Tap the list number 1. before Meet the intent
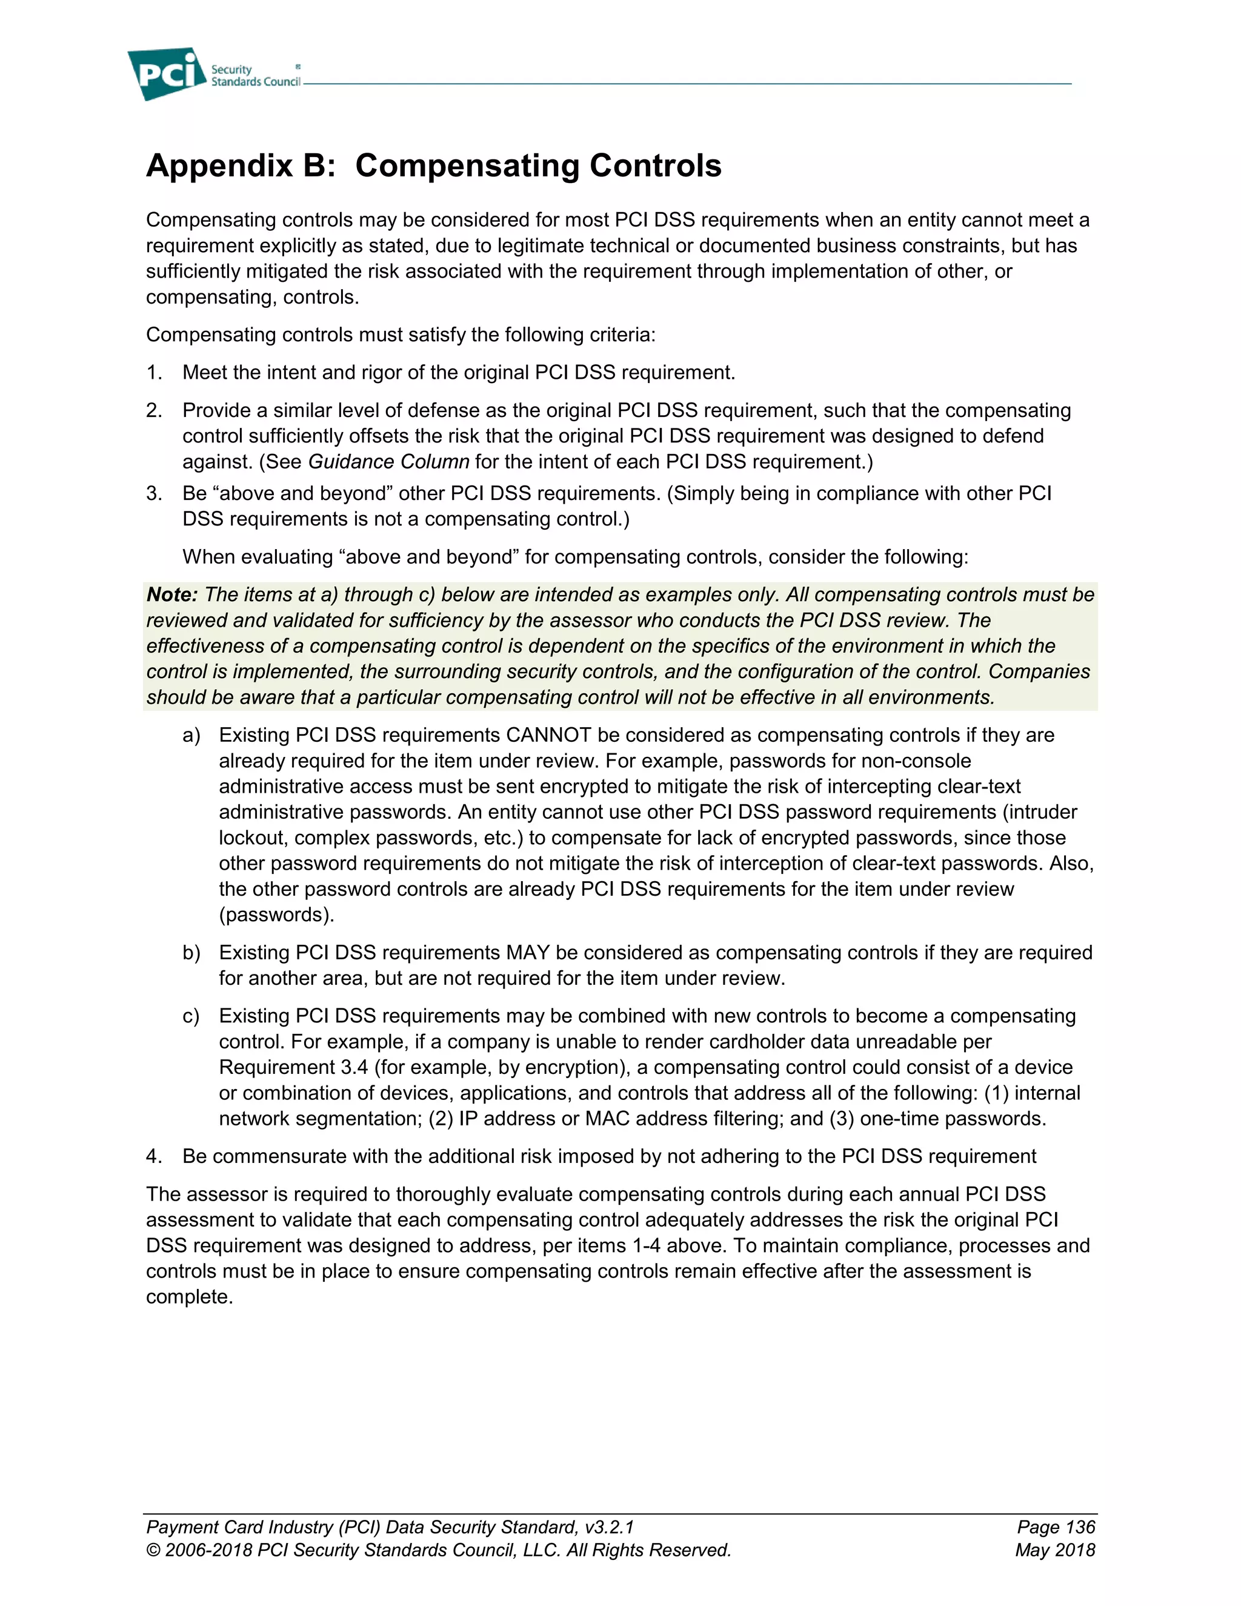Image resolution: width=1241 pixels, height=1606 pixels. point(154,373)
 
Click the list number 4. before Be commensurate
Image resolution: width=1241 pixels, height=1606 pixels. point(154,1157)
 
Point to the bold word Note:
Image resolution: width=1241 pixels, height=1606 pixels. point(172,595)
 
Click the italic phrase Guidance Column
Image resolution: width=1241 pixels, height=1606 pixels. point(388,462)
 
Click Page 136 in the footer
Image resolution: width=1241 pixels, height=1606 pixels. point(1056,1527)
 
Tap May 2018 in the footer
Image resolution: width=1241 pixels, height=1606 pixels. point(1055,1550)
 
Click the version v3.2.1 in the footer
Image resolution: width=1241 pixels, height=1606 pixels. point(610,1527)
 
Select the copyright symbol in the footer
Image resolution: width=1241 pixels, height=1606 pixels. point(153,1550)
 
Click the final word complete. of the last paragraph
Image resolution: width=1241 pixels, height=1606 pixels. point(189,1297)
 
